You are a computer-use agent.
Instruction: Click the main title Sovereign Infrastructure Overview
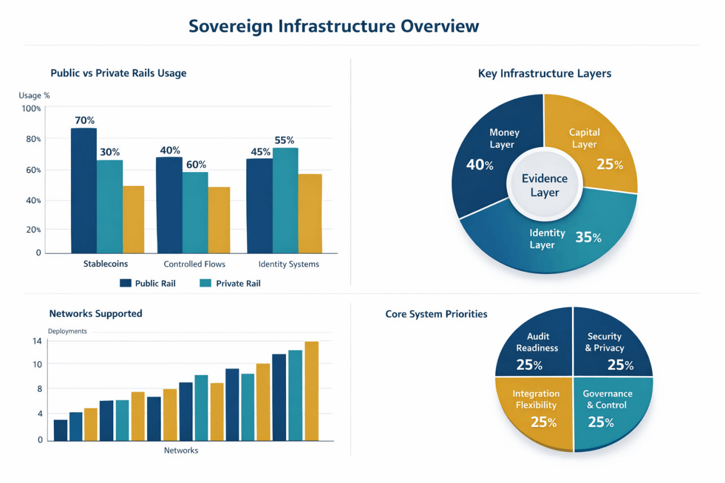334,27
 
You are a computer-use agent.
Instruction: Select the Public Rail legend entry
148,283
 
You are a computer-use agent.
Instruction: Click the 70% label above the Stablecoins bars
84,121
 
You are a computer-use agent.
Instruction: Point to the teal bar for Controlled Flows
195,212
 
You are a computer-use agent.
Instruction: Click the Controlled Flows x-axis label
194,264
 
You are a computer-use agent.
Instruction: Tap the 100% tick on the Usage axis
31,108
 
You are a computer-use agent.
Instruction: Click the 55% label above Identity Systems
284,140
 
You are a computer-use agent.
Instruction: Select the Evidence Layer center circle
544,186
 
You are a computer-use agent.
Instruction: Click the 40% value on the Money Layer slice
480,165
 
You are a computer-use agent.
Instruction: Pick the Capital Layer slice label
584,138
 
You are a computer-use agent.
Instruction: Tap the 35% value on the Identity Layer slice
588,238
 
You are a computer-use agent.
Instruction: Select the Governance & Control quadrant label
607,399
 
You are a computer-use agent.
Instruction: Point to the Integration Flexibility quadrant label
536,399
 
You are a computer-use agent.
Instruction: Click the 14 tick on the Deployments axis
37,341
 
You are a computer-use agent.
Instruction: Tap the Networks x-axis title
181,451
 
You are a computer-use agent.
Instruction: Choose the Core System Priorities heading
436,314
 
